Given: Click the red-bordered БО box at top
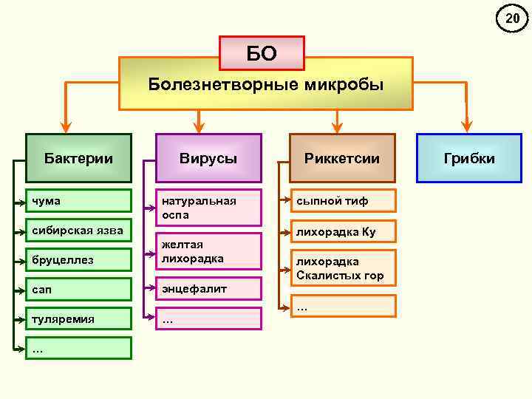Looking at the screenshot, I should point(262,53).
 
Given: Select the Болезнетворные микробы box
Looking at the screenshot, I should point(266,85).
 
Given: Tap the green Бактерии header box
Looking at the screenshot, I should point(78,158).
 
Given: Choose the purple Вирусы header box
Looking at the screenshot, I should point(208,158).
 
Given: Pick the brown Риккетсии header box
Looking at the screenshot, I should point(342,158).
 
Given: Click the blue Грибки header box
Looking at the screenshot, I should point(469,158).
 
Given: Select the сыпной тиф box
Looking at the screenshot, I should point(342,200).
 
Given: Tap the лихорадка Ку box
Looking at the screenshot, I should point(342,231).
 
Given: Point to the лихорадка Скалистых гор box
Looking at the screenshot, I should point(342,268).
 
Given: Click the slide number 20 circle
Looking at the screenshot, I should point(512,18).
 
